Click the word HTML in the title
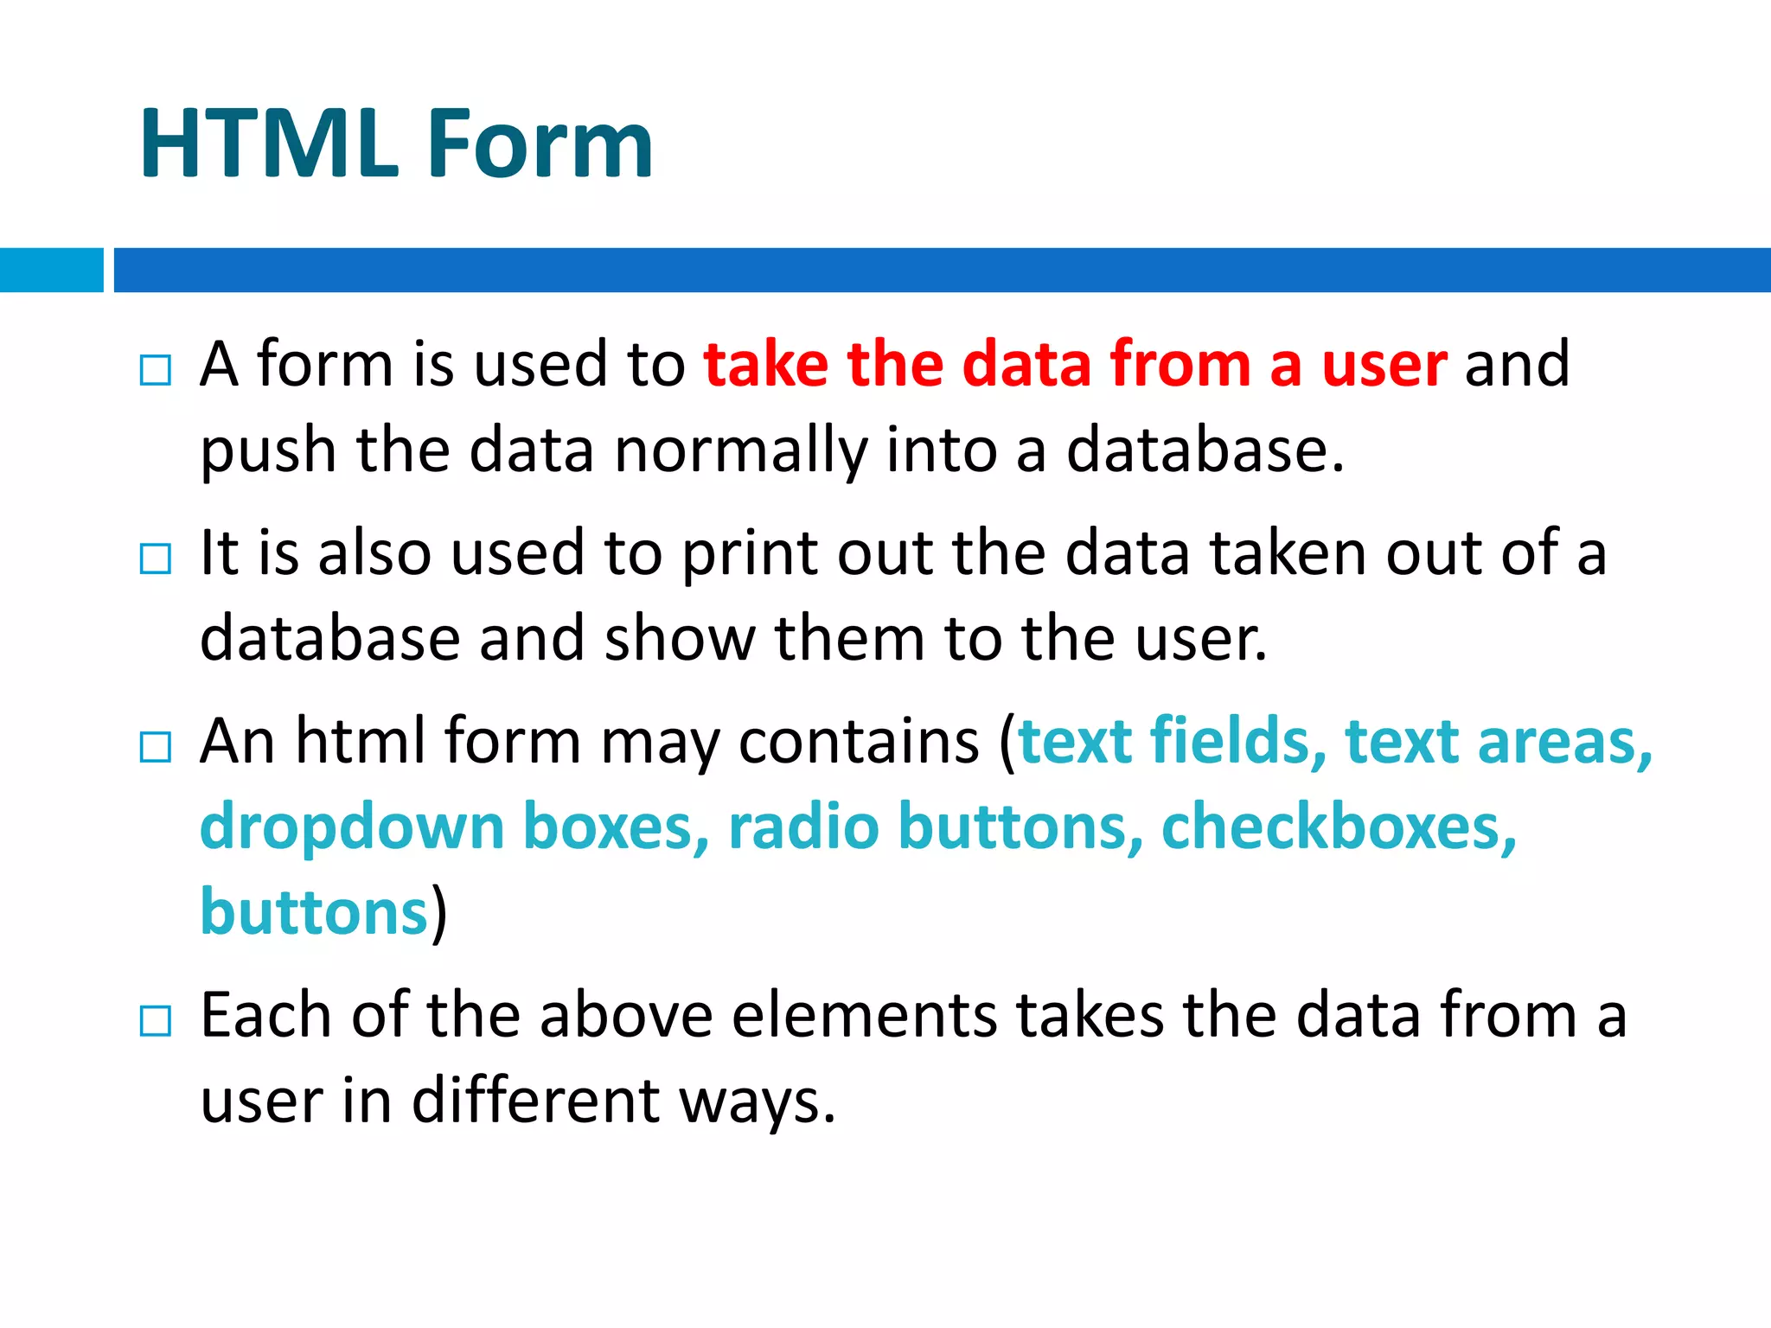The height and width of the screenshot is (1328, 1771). click(x=269, y=144)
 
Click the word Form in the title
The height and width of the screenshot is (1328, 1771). click(x=540, y=144)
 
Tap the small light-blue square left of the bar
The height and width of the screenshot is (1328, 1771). click(x=51, y=270)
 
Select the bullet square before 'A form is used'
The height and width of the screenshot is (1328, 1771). click(x=156, y=370)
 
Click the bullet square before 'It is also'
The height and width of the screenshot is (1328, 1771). click(x=156, y=559)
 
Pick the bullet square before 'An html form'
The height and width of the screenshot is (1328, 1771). click(x=156, y=747)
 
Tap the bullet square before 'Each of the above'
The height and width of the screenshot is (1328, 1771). click(x=156, y=1021)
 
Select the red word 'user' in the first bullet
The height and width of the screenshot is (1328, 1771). click(x=1384, y=365)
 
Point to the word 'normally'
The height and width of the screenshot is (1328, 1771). click(x=740, y=451)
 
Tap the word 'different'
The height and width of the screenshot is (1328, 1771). click(x=535, y=1102)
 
